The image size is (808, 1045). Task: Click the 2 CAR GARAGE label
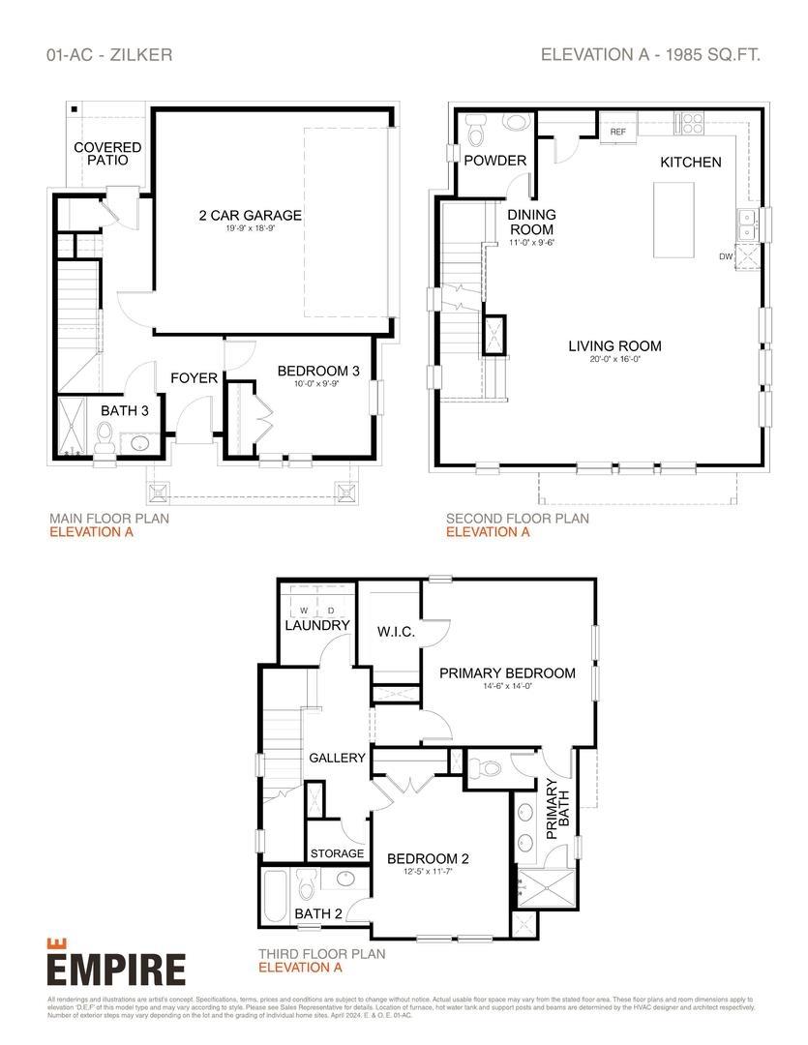[x=250, y=216]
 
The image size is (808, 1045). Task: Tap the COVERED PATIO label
[x=107, y=154]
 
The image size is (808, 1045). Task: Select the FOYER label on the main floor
[x=195, y=377]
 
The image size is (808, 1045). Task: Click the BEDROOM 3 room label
[x=318, y=371]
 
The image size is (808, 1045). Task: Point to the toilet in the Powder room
[x=476, y=127]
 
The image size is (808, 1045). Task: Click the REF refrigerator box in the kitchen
[x=617, y=132]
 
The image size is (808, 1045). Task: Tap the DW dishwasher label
[x=726, y=256]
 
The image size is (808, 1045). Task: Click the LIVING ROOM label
[x=614, y=345]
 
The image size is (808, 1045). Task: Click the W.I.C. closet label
[x=396, y=632]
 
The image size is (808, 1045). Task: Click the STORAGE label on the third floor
[x=337, y=853]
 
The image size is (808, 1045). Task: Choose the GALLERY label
[x=337, y=758]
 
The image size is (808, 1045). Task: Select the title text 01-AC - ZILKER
[x=109, y=55]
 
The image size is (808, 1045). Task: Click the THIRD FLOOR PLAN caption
[x=321, y=953]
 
